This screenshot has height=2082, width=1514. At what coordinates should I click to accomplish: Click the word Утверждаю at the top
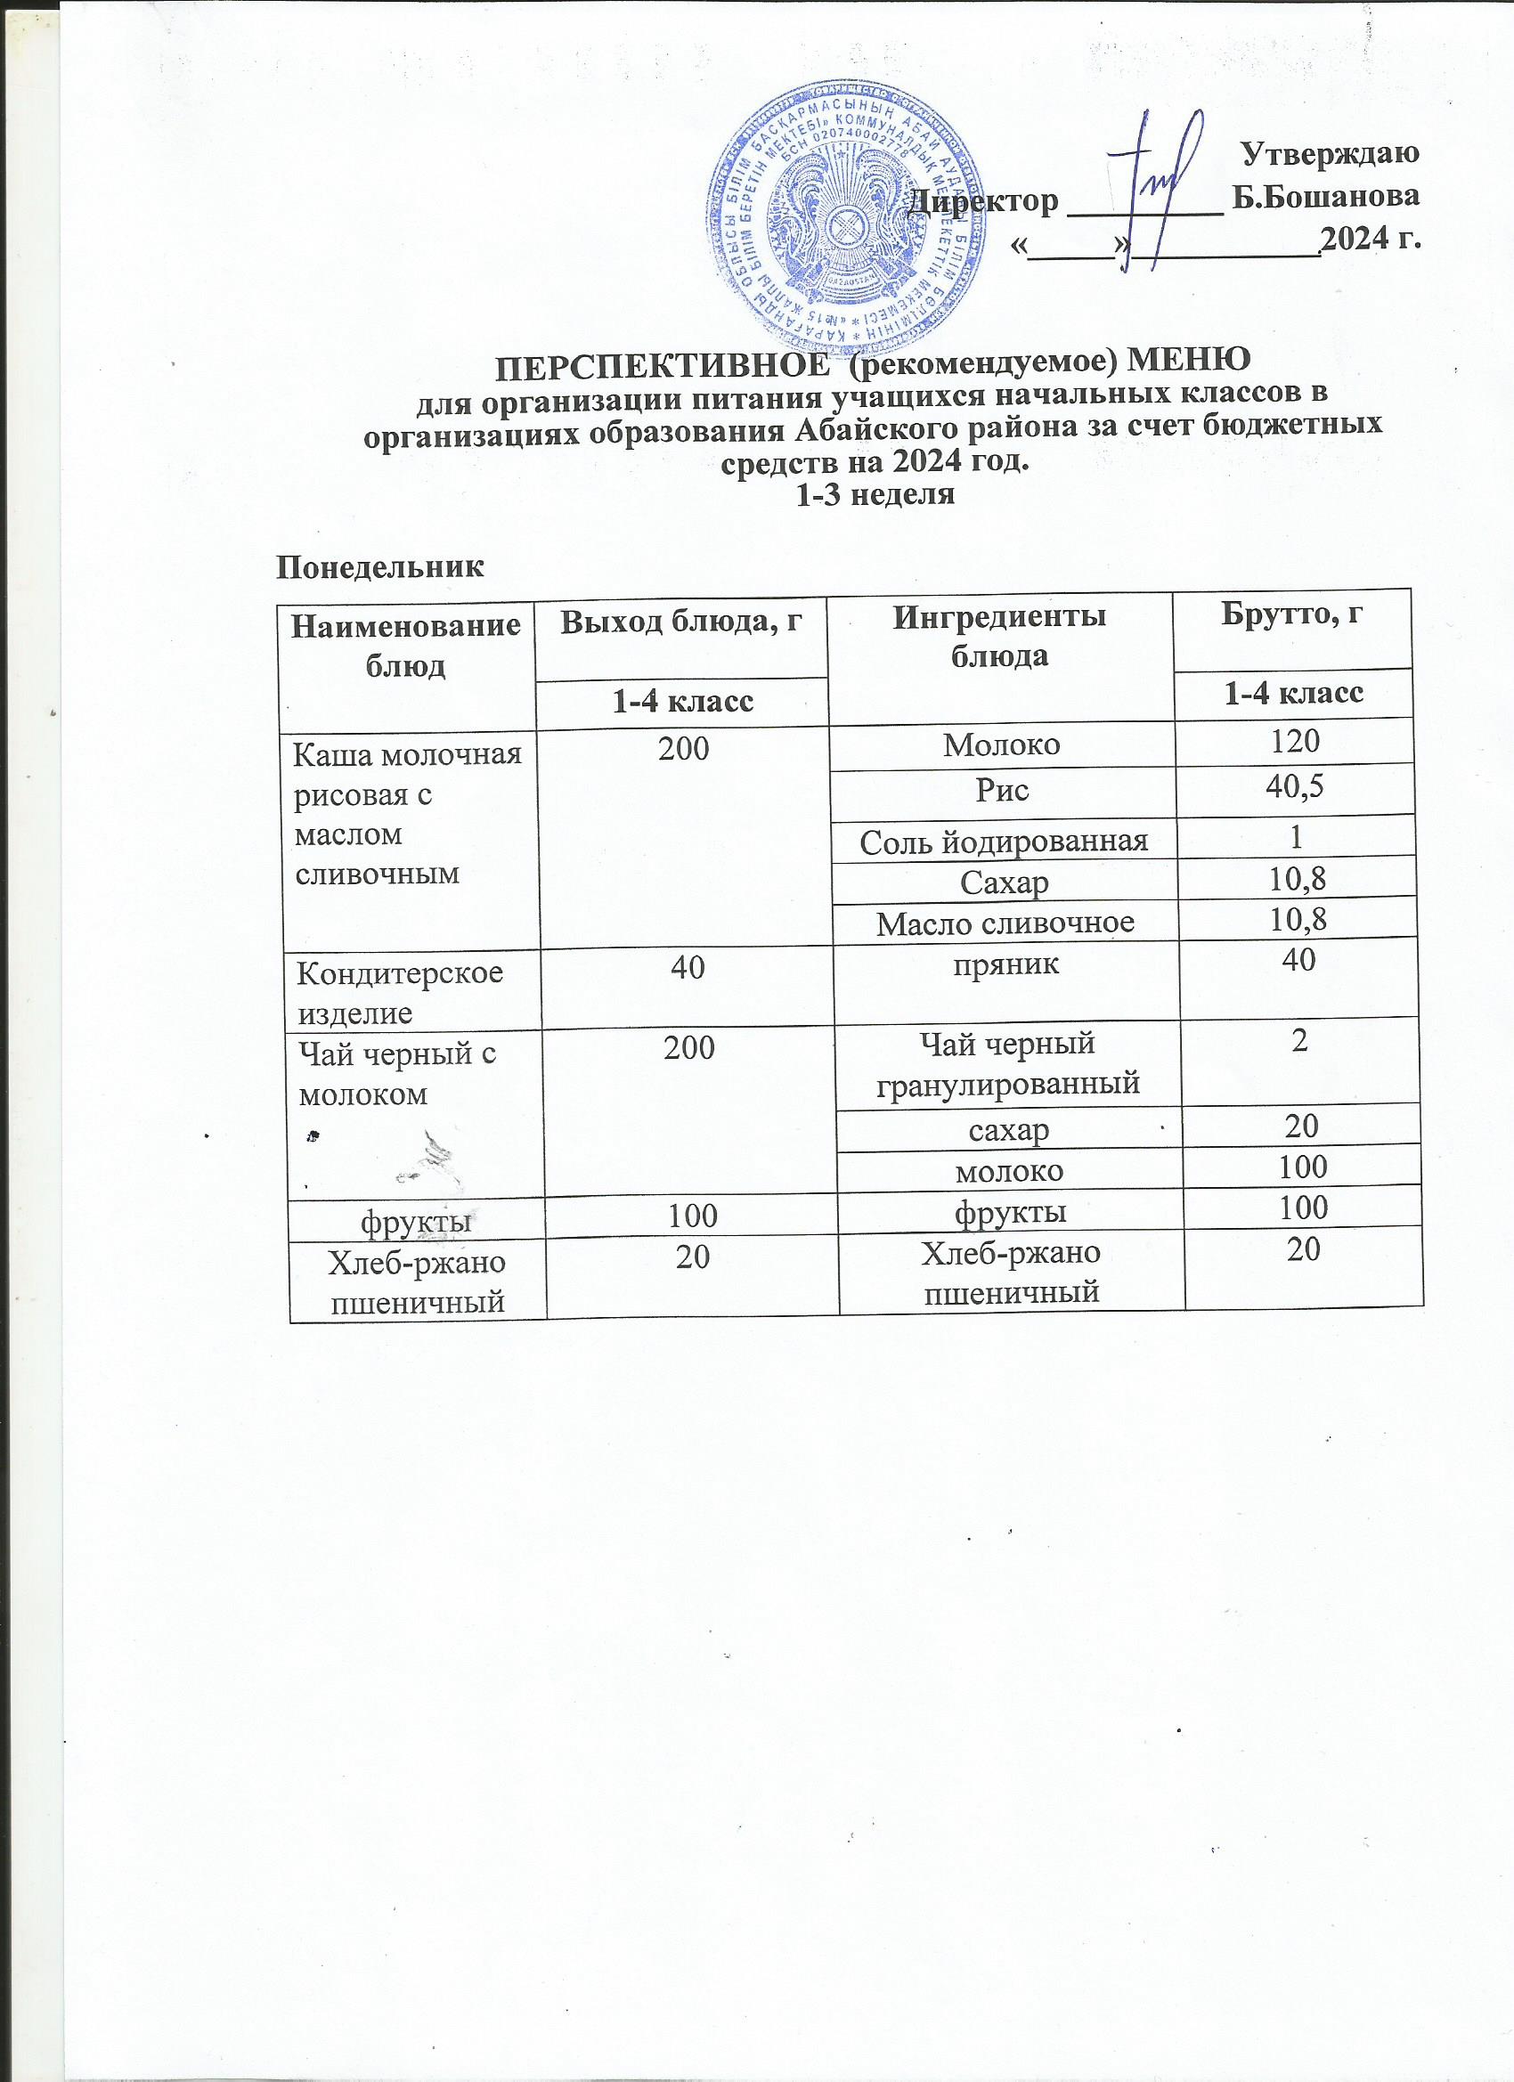pos(1330,154)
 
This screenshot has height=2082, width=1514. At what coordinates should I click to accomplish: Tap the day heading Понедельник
pos(380,567)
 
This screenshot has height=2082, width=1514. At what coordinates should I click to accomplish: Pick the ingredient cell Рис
pos(1002,790)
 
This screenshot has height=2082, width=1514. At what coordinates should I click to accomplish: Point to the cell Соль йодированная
pos(1004,840)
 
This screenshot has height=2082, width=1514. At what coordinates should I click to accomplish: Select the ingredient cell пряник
pos(1004,963)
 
